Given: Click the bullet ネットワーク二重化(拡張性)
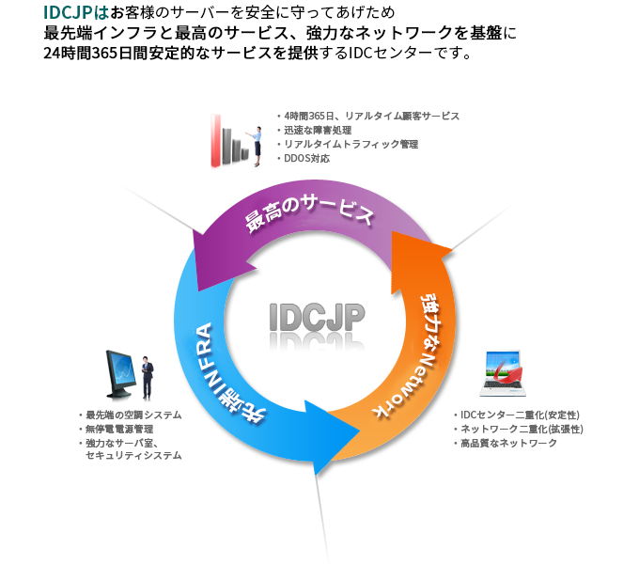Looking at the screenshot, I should pyautogui.click(x=522, y=429).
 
